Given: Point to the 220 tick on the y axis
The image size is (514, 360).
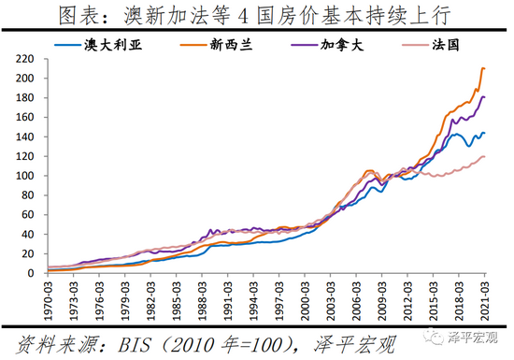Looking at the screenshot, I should click(25, 59).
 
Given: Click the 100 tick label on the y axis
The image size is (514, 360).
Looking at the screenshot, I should click(25, 176).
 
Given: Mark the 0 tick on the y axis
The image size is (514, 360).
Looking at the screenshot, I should click(32, 273).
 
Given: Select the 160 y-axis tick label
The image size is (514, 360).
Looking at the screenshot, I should click(25, 118).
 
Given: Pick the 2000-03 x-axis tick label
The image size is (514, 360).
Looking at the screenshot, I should click(304, 299).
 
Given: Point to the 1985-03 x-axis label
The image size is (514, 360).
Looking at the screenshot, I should click(174, 299).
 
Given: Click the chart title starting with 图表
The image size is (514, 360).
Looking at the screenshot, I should click(256, 16).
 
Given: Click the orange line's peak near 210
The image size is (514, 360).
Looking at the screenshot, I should click(483, 68).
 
